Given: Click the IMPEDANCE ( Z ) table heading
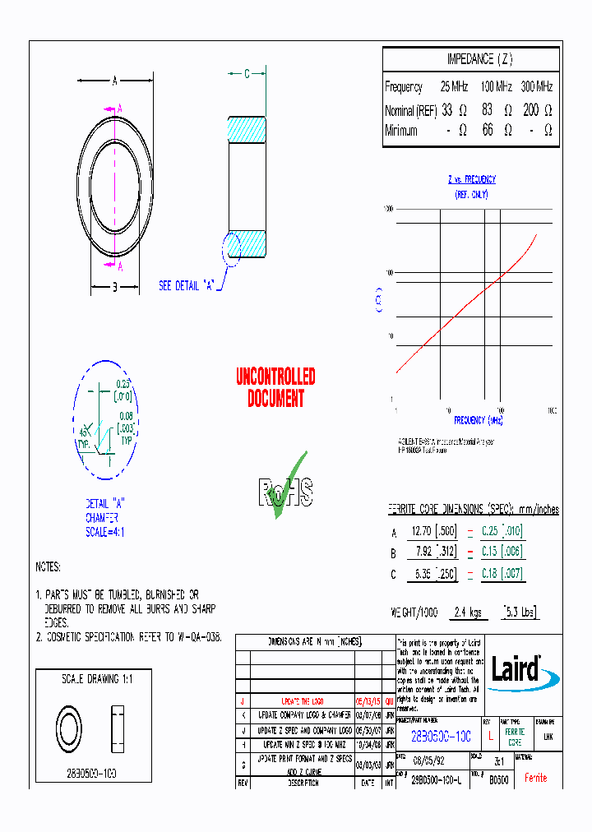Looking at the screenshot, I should pos(479,59).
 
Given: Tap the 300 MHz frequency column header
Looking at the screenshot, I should pos(537,86).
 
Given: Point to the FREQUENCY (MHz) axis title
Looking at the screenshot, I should pos(478,420).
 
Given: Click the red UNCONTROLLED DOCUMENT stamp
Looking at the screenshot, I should pos(275,388).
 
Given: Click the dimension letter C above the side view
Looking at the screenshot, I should pos(247,74).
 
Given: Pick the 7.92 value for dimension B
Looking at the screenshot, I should pos(423,552).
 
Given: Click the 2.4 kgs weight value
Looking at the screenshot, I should pos(465,612).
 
